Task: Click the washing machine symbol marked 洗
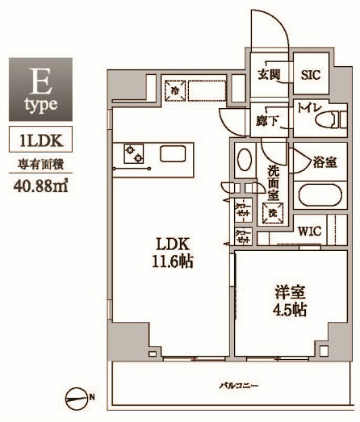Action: tap(274, 213)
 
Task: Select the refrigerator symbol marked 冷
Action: tap(176, 90)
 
